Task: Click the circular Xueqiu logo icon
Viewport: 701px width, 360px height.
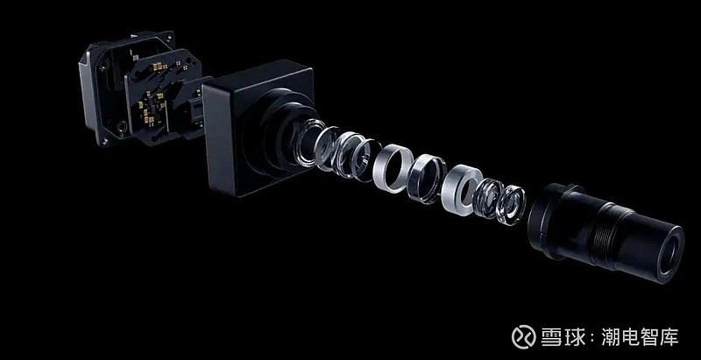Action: [523, 336]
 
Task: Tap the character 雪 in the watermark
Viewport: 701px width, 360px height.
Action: [552, 336]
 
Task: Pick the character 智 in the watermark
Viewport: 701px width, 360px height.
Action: [650, 336]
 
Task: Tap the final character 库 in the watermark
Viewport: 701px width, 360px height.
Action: [669, 336]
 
